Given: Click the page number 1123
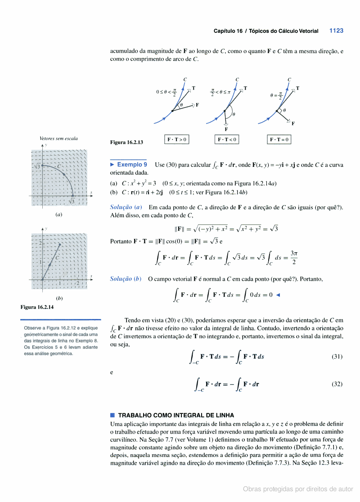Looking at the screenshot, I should [336, 31].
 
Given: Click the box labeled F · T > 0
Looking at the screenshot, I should [177, 140].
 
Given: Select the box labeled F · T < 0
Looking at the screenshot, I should [227, 140].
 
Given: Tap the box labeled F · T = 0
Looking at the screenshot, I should [279, 140].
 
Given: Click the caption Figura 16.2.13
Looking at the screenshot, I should [126, 143].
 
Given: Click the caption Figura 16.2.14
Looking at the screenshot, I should [38, 307].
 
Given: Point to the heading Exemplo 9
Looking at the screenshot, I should [132, 165].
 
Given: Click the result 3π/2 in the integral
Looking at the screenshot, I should [293, 257].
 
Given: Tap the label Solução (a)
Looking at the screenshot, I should [126, 207].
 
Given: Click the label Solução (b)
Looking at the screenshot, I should [126, 279].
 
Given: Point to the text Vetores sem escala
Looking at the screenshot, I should [58, 139].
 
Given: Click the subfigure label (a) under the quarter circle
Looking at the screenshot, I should [58, 215].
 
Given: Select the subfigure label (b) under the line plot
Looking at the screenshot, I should [59, 298].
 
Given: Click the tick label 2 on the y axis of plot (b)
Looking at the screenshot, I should [40, 243].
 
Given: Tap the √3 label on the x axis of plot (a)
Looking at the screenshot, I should [72, 201].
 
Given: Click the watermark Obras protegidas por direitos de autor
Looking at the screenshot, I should [298, 489].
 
